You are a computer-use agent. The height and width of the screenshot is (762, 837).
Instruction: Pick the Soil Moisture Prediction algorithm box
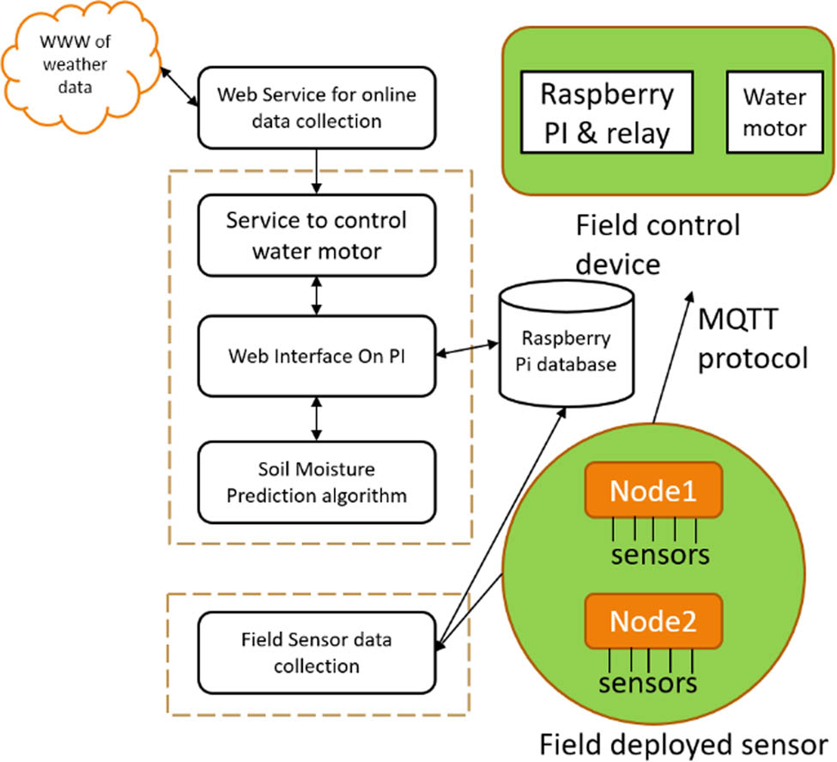[317, 483]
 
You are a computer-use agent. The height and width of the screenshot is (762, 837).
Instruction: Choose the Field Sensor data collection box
[317, 653]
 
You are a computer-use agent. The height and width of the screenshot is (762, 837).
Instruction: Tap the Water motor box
[774, 113]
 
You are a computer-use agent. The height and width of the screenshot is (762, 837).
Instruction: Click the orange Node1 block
[652, 491]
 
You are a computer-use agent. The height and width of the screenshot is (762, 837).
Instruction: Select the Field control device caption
[658, 244]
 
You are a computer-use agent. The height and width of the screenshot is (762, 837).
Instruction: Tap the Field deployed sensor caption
[682, 742]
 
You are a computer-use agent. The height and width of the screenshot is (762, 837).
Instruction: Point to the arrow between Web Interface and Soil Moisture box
[318, 420]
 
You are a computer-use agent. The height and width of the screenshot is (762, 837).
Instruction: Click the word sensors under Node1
[660, 555]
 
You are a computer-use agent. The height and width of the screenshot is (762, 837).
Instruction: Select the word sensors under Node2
[649, 685]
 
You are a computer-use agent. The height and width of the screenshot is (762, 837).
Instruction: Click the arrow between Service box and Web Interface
[318, 296]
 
